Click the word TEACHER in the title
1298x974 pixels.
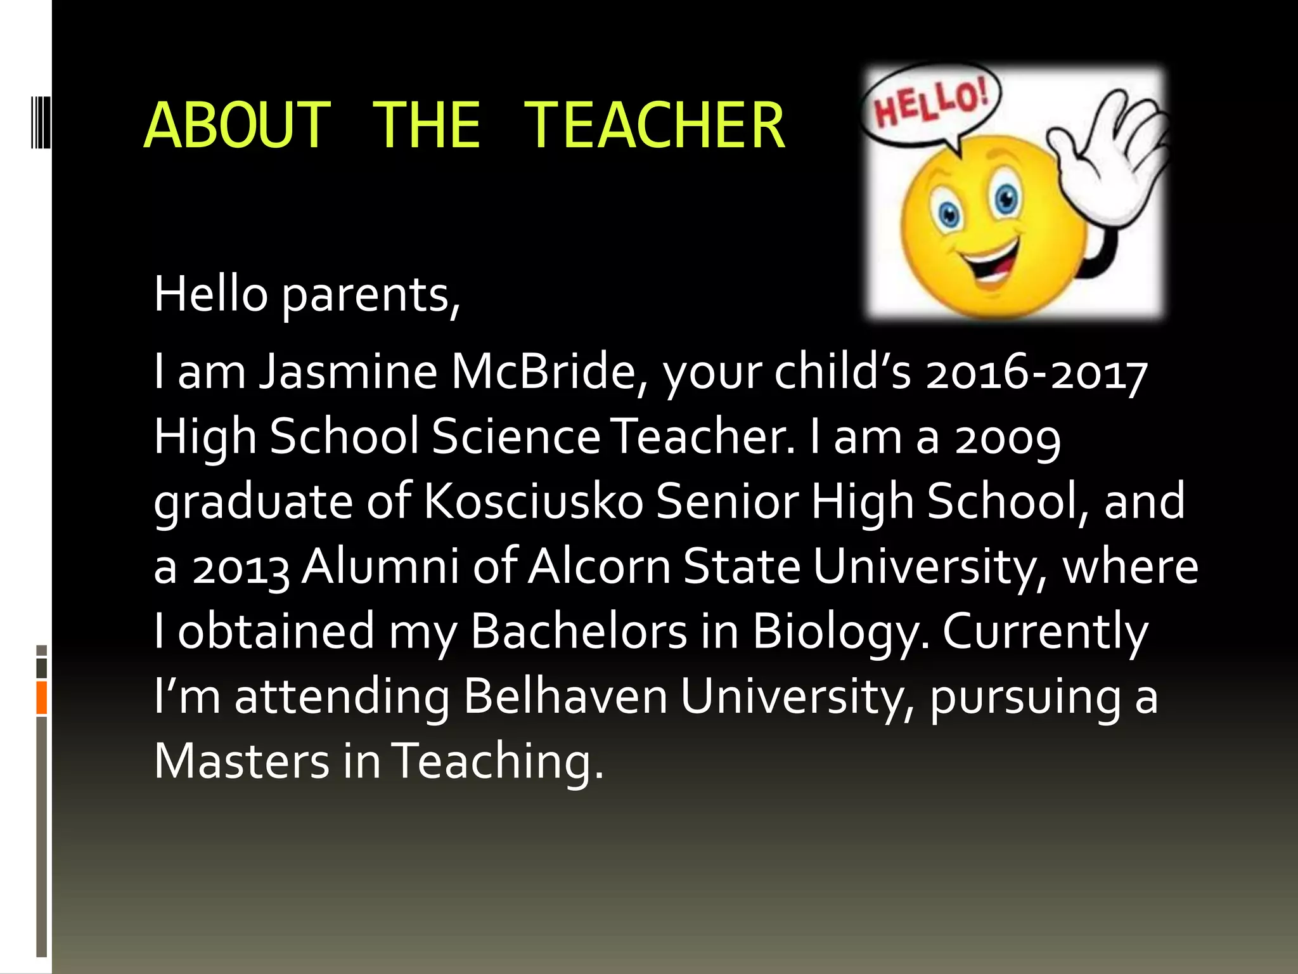tap(654, 126)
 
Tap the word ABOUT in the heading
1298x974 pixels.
tap(237, 126)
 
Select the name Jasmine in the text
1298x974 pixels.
tap(348, 372)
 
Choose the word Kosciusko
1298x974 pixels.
tap(533, 501)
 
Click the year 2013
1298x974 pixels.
tap(241, 568)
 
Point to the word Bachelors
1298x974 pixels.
tap(579, 632)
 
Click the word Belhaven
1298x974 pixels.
tap(565, 696)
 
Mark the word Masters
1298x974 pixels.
tap(241, 761)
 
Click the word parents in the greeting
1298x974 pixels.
tap(370, 295)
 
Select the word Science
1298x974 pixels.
tap(516, 437)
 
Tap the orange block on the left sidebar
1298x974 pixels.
tap(42, 698)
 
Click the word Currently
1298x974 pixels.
tap(1044, 633)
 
